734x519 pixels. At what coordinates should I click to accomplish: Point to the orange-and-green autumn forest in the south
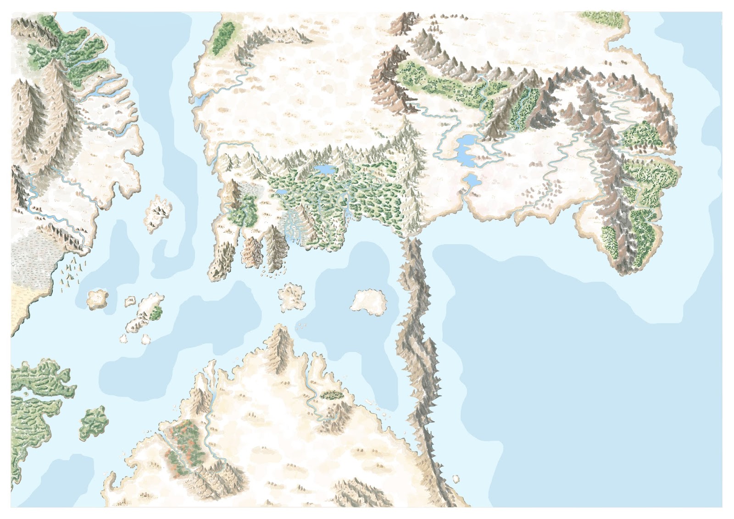click(184, 442)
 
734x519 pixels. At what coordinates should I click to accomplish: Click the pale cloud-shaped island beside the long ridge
click(369, 301)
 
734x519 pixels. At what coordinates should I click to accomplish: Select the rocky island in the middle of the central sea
click(291, 296)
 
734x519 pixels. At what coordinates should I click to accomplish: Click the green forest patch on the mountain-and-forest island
click(156, 313)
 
